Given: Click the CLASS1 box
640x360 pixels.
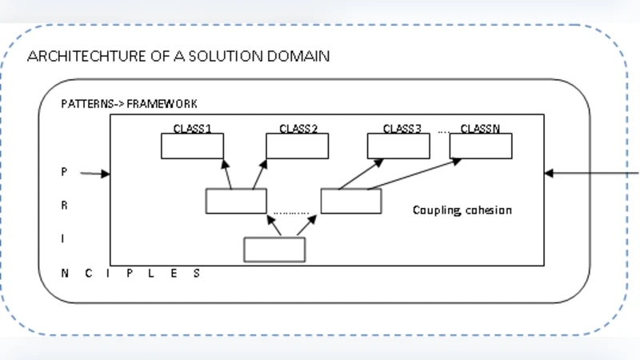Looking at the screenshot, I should point(192,146).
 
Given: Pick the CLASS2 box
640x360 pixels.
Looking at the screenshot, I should point(297,146).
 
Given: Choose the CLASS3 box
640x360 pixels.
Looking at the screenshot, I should point(398,146).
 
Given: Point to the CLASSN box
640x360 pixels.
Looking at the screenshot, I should point(481,146).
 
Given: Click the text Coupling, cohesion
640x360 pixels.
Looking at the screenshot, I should point(462,210).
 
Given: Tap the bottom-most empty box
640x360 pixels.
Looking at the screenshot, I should point(274,250).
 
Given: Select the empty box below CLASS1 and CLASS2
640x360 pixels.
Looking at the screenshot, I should point(236,201).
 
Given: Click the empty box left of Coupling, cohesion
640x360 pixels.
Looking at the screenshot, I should point(351,201).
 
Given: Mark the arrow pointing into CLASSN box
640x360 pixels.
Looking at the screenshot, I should point(416,174).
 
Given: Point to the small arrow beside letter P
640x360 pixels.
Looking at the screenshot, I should point(94,173).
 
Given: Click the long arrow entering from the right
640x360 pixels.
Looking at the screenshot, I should point(592,172).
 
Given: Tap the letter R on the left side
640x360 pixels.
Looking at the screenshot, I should point(64,206).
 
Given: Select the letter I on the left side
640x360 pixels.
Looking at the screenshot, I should point(64,238).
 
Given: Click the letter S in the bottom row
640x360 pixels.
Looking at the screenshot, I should point(196,273).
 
